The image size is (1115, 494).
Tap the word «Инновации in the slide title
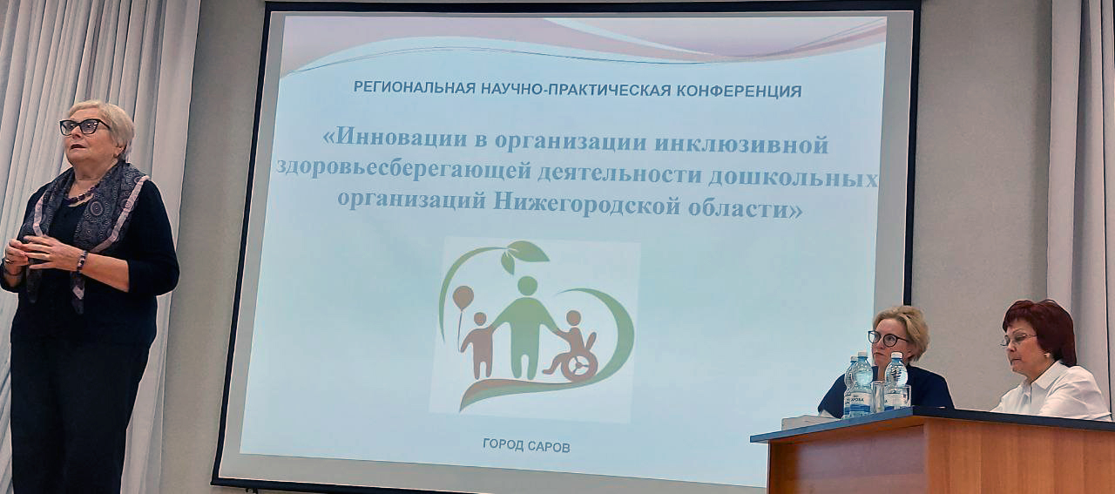point(396,137)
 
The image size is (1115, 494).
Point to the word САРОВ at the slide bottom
point(549,446)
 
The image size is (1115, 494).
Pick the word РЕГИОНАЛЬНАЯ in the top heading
point(415,88)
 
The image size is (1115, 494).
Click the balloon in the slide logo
point(463,297)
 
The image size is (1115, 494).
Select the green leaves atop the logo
point(524,255)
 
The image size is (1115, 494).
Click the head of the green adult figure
point(527,286)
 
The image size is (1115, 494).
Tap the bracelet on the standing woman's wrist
point(82,261)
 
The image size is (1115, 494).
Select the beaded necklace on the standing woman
point(82,193)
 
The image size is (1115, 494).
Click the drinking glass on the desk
point(878,396)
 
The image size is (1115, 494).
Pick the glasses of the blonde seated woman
point(888,339)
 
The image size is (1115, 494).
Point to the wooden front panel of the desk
point(941,458)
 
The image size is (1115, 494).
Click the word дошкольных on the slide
point(793,177)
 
